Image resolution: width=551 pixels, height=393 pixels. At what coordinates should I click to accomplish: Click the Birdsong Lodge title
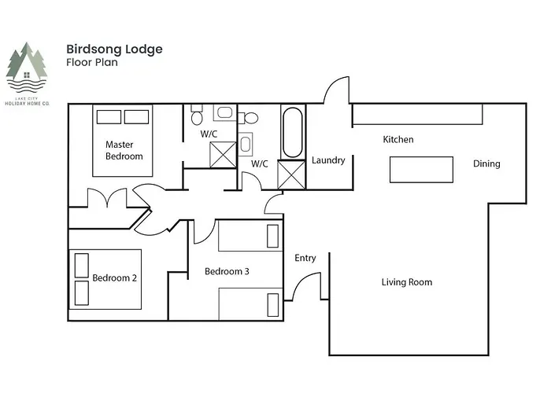coord(115,50)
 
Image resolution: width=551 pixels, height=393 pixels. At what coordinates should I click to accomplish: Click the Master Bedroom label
coord(124,150)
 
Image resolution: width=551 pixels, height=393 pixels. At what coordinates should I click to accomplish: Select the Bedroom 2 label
coord(115,278)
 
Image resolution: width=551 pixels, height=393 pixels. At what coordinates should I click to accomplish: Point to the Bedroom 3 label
coord(227,271)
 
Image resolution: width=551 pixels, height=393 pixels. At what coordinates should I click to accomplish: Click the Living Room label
coord(407,282)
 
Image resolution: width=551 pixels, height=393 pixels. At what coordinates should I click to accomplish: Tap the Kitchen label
coord(398,139)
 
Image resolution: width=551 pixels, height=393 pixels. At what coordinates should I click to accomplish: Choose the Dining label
coord(486,163)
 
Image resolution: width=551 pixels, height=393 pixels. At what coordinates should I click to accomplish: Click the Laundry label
coord(328,160)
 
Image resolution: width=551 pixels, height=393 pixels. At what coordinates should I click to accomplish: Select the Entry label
coord(305,258)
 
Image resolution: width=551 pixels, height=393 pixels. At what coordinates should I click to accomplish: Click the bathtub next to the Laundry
coord(293,132)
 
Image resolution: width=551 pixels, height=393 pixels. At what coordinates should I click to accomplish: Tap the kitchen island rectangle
coord(421,170)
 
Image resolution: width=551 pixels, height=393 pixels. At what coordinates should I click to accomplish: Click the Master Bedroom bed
coord(123,141)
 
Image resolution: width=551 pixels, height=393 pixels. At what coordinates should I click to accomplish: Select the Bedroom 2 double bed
coord(105,279)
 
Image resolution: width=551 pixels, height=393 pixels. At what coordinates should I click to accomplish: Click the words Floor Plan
coord(92,62)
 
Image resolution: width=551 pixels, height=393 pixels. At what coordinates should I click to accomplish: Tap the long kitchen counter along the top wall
coord(417,114)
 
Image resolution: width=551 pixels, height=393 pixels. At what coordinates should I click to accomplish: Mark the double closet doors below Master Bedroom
coord(107,197)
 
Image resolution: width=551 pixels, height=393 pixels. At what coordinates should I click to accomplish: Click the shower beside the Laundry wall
coord(291,174)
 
